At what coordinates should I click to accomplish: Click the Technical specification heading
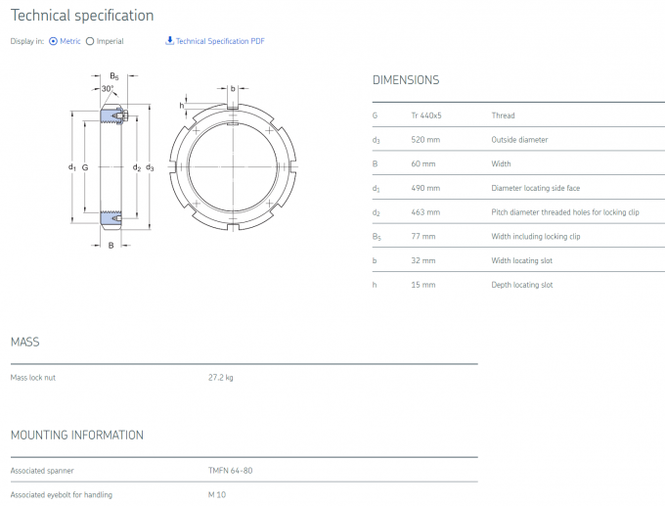(x=82, y=16)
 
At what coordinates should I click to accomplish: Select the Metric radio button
(x=53, y=41)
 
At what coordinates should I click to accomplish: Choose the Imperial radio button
(x=91, y=41)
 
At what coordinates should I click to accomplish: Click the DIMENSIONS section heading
(x=406, y=80)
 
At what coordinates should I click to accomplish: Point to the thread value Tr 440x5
(x=426, y=115)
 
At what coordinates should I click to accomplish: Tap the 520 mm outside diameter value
(x=425, y=140)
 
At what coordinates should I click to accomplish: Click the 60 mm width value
(x=423, y=163)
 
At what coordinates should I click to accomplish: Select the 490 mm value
(x=425, y=188)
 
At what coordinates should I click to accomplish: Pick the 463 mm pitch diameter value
(x=425, y=212)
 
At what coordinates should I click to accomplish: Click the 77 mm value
(x=423, y=236)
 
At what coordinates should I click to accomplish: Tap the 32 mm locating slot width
(x=423, y=260)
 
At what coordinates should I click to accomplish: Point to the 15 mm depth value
(x=423, y=285)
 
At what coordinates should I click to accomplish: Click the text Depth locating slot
(x=521, y=285)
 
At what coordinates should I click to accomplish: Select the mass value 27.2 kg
(x=221, y=378)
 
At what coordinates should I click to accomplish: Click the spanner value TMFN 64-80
(x=230, y=471)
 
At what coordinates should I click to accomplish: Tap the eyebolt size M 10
(x=217, y=494)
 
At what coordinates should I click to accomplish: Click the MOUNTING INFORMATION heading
(x=76, y=435)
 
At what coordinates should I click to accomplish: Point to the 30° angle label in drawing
(x=108, y=89)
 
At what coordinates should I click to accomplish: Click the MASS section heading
(x=24, y=342)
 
